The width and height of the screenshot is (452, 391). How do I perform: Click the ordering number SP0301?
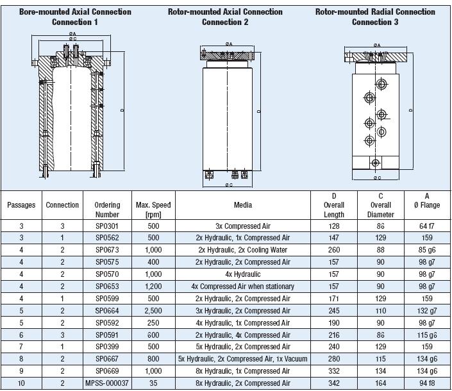coord(107,226)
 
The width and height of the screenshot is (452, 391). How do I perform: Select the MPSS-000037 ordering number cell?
coord(107,383)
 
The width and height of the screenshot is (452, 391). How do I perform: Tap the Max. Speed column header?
coord(153,210)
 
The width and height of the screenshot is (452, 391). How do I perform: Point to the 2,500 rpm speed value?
coord(153,311)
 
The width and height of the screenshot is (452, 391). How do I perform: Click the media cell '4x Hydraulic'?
coord(243,274)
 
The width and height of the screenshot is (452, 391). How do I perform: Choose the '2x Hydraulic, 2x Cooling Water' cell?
coord(243,250)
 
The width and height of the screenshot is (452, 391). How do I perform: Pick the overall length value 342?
coord(334,383)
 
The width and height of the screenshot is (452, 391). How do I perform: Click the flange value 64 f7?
coord(426,226)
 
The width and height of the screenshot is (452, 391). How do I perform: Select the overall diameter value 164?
coord(380,383)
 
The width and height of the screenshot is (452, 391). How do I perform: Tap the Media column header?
coord(243,205)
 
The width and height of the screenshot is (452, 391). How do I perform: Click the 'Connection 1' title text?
coord(74,22)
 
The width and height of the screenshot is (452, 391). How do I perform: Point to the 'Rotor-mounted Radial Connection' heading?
coord(375,12)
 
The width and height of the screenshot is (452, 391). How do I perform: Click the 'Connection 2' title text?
coord(225,22)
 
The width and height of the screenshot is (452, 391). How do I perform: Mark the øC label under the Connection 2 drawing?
coord(229,185)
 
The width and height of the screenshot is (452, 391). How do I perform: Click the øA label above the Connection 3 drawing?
coord(377,45)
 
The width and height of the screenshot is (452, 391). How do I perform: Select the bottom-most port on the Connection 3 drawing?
coord(375,163)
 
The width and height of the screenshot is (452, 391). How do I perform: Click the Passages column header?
coord(21,205)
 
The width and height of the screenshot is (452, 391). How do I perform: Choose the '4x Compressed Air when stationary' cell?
coord(243,287)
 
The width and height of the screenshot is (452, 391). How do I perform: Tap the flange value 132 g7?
coord(426,311)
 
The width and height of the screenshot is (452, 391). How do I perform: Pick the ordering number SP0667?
coord(107,359)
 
